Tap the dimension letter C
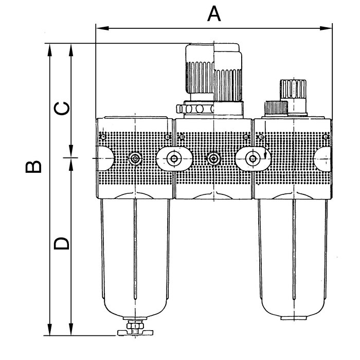pos(62,108)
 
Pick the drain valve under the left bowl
pos(135,329)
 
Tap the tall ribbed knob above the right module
pos(290,95)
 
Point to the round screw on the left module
pos(135,159)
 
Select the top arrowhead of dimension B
pos(50,47)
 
